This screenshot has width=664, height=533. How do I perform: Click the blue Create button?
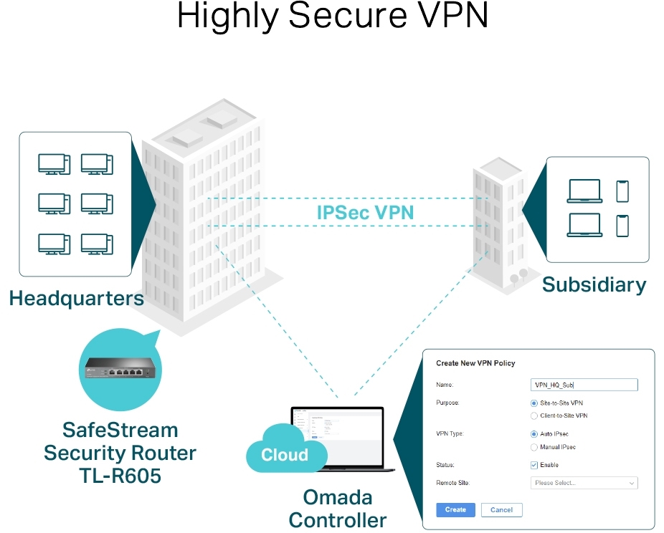(455, 510)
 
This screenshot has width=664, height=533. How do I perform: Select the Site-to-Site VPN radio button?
(534, 403)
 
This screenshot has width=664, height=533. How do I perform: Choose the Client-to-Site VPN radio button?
(534, 416)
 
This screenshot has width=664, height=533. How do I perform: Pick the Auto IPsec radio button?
(534, 434)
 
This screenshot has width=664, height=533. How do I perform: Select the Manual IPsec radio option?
(534, 447)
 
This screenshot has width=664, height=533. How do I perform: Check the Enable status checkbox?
(534, 465)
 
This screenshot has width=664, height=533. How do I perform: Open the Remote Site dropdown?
(584, 483)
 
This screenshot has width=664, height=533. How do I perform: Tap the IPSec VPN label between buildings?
(365, 212)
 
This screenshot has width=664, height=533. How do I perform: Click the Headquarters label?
(76, 298)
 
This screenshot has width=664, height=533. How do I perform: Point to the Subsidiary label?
(594, 284)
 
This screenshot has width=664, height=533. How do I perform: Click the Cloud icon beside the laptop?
(285, 451)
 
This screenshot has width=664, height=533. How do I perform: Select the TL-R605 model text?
(120, 474)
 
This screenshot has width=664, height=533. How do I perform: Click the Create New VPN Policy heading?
(475, 364)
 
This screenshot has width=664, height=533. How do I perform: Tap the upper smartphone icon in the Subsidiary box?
(622, 191)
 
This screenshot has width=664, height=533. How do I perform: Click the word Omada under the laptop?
(337, 497)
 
